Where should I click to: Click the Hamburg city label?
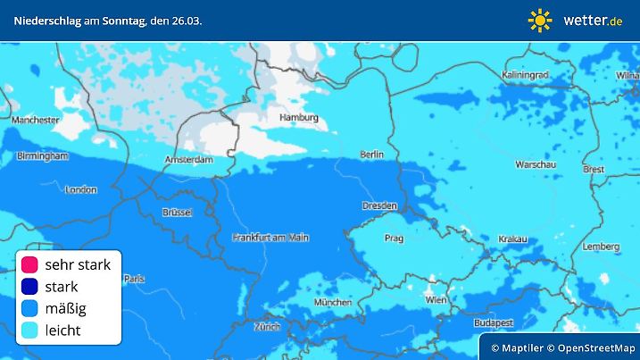[x=299, y=117]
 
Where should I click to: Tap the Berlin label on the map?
[x=371, y=155]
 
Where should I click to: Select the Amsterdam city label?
[x=188, y=160]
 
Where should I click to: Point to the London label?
[x=80, y=189]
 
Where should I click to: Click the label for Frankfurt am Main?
[x=270, y=237]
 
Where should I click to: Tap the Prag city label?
[x=395, y=239]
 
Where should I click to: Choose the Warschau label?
[x=536, y=164]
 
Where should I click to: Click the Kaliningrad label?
[x=525, y=74]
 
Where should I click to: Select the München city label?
[x=333, y=303]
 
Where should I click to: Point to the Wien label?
[x=436, y=300]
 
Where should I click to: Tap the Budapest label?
[x=492, y=322]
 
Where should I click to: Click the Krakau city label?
[x=513, y=239]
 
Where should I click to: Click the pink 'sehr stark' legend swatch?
[x=29, y=264]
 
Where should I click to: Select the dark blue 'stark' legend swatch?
[x=29, y=287]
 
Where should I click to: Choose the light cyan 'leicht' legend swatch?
[x=29, y=331]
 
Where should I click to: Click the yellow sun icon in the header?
[x=540, y=20]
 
